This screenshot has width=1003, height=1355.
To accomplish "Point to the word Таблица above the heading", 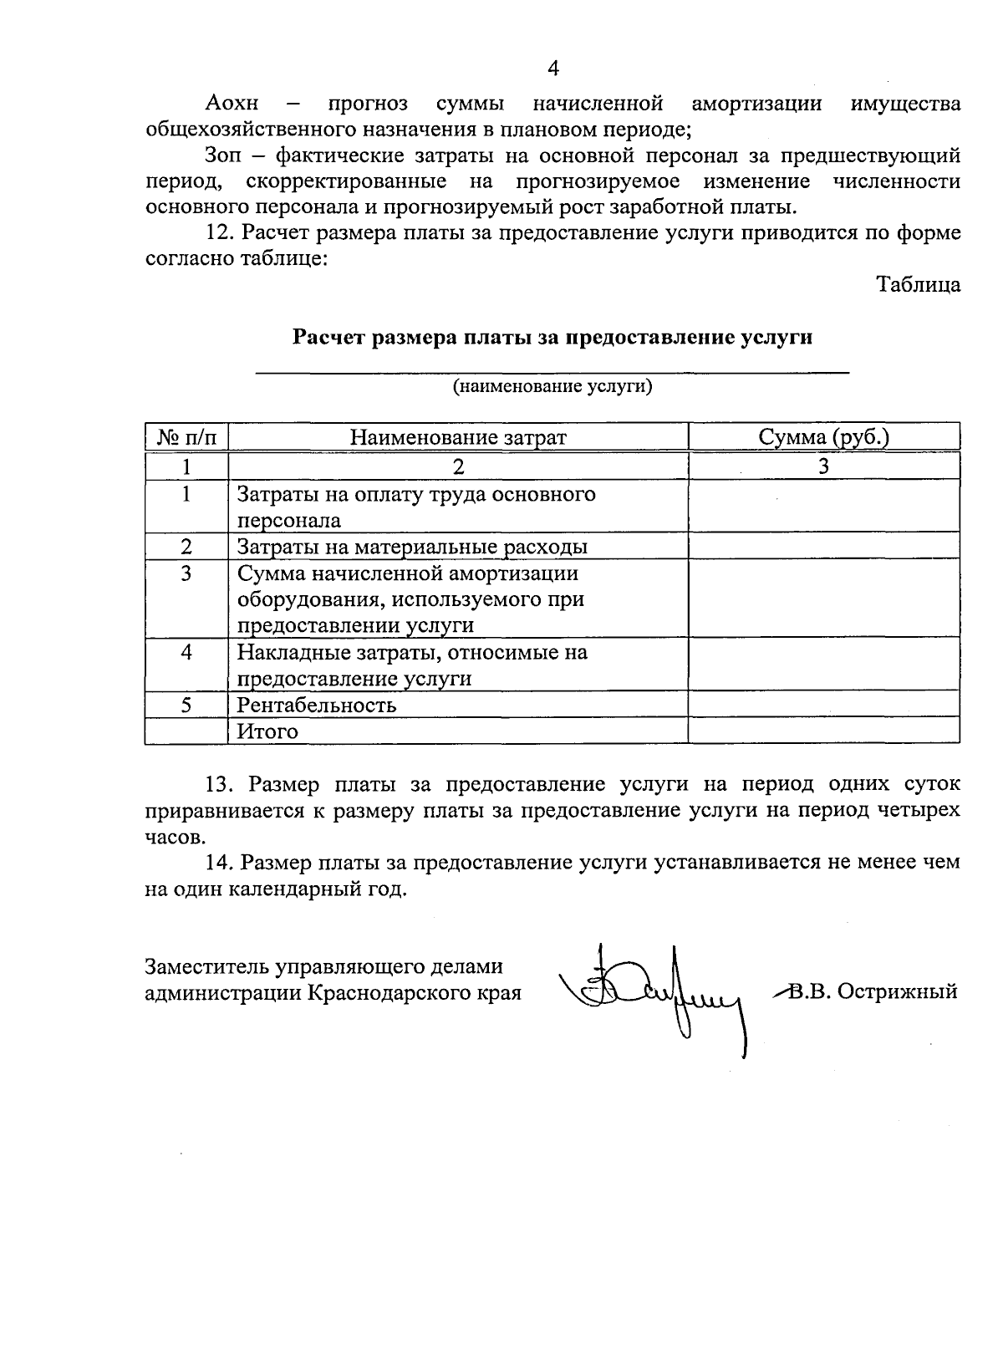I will coord(919,285).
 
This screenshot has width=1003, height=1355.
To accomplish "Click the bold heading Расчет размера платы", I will coord(552,338).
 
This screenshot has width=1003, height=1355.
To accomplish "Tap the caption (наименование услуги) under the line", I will coord(552,387).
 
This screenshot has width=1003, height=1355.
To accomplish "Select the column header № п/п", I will coord(186,437).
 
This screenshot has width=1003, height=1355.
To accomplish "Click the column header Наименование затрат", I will coord(457,437).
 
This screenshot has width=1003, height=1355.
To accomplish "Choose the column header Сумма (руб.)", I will coord(823,437).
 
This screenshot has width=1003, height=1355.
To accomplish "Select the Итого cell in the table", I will coord(267,731).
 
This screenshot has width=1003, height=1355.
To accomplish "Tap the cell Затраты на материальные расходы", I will coord(412,547).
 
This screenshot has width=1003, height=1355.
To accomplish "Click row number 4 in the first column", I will coord(186,652).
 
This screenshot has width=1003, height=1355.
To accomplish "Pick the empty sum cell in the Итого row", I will coord(823,731).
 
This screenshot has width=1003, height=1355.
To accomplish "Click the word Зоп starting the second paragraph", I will coord(222,156).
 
